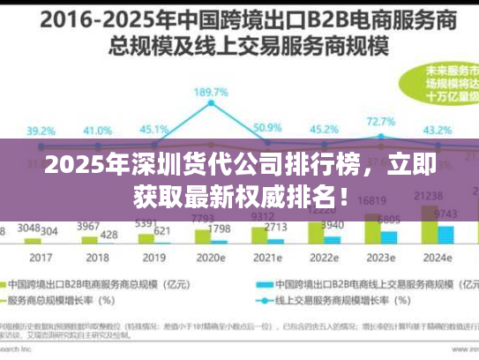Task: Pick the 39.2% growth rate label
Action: (x=41, y=131)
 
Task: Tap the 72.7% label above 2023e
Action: (x=381, y=121)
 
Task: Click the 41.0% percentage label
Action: (x=97, y=131)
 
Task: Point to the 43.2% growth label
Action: (x=438, y=130)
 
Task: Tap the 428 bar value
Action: (x=109, y=234)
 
